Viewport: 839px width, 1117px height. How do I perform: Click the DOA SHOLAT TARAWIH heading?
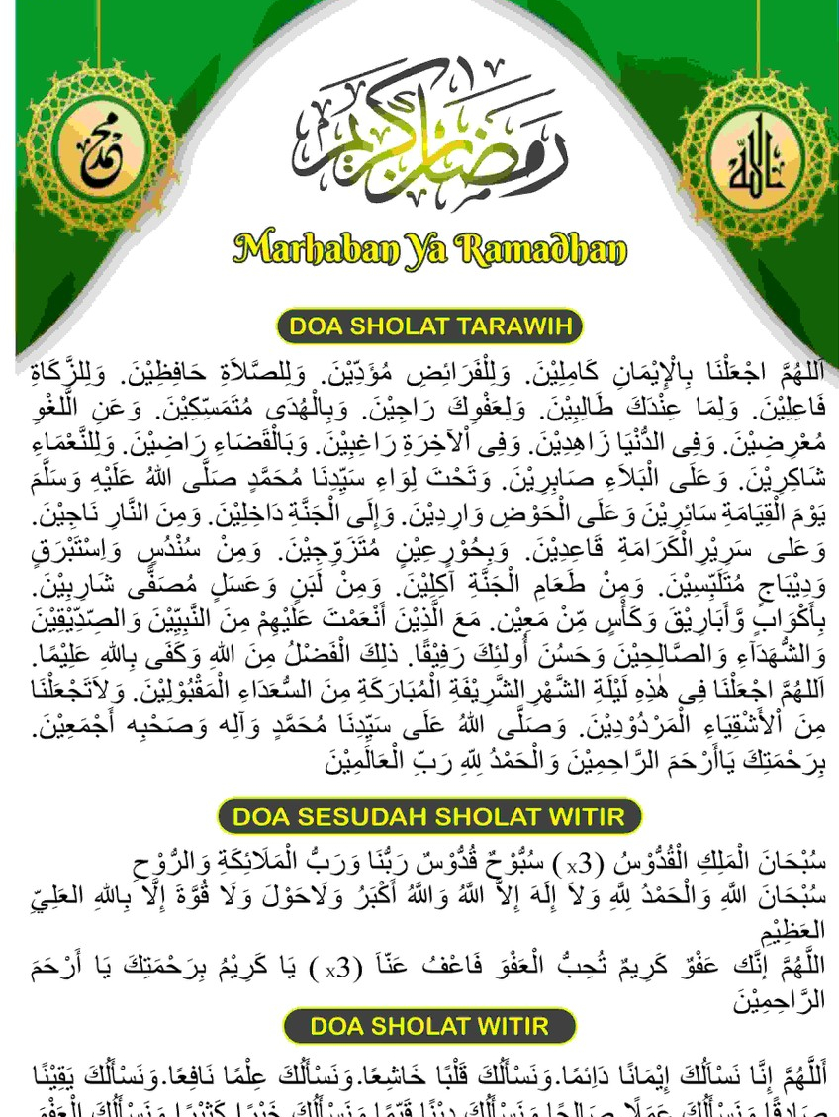pyautogui.click(x=428, y=326)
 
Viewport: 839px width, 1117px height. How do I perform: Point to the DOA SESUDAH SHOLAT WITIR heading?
pyautogui.click(x=428, y=817)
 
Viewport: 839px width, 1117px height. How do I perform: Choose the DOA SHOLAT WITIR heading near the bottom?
pyautogui.click(x=428, y=1026)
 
